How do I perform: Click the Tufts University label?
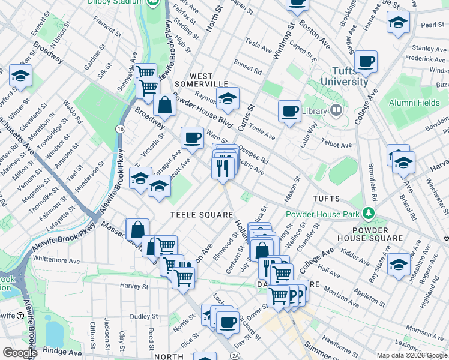pos(344,77)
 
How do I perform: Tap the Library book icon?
pos(336,110)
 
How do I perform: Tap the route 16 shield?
pos(121,130)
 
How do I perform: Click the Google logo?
pos(20,353)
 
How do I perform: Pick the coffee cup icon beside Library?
pos(289,111)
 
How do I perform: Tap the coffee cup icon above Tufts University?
pos(366,61)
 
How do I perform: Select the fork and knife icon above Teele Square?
pos(223,167)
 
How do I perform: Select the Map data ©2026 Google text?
pos(411,355)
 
